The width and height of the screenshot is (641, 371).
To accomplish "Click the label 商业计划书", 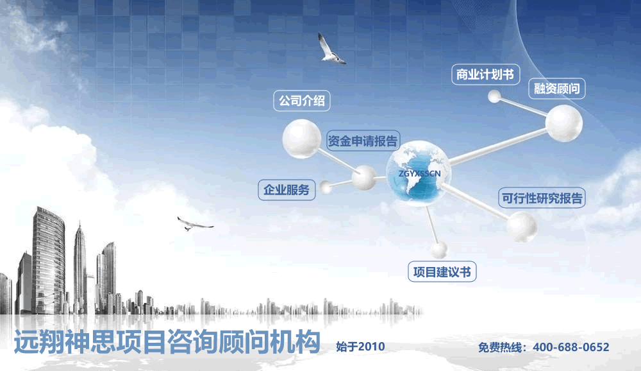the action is [485, 74].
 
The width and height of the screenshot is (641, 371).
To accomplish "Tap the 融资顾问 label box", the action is [557, 89].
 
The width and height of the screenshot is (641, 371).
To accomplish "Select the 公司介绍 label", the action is [302, 101].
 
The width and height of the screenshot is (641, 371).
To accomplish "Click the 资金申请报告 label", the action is [363, 141].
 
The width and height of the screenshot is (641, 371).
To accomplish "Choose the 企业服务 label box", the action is [287, 190].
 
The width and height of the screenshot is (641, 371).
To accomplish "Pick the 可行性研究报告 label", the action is [542, 198].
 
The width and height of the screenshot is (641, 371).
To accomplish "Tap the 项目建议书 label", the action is [442, 272].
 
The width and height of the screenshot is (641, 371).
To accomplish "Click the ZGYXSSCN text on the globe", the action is [419, 173].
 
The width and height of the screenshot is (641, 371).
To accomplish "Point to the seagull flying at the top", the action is [331, 49].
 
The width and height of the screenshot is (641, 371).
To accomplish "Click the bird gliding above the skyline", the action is [194, 224].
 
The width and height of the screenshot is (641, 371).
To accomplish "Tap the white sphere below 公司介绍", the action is [302, 139].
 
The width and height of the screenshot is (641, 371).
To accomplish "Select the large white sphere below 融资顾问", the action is [564, 123].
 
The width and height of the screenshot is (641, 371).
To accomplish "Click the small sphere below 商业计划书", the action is [494, 96].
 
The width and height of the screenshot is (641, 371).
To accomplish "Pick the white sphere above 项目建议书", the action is [439, 250].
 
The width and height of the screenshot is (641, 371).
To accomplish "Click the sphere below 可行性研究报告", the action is [522, 227].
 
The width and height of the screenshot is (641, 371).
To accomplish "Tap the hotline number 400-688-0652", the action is [571, 347].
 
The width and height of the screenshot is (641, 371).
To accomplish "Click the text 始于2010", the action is [360, 347].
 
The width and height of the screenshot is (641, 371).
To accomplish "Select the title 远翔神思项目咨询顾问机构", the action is [167, 341].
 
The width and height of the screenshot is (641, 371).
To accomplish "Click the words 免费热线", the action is [500, 348].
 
